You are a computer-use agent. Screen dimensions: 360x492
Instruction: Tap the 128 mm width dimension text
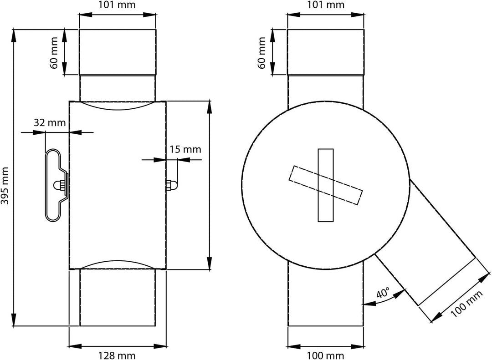(x=118, y=355)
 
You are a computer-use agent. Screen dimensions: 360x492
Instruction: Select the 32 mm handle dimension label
(x=49, y=122)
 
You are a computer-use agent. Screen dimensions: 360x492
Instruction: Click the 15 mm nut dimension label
(x=185, y=149)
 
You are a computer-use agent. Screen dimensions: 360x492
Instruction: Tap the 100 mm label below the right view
(x=326, y=355)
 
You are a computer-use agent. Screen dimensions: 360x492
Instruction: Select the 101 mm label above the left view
(x=118, y=5)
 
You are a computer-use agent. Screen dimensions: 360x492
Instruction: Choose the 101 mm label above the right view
(x=326, y=5)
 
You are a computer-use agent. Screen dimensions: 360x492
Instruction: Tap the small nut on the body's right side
(x=170, y=185)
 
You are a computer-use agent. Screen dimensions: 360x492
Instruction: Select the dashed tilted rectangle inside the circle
(x=326, y=185)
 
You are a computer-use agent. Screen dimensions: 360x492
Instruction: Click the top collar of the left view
(x=118, y=52)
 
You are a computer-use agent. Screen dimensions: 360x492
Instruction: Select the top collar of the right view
(x=326, y=52)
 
